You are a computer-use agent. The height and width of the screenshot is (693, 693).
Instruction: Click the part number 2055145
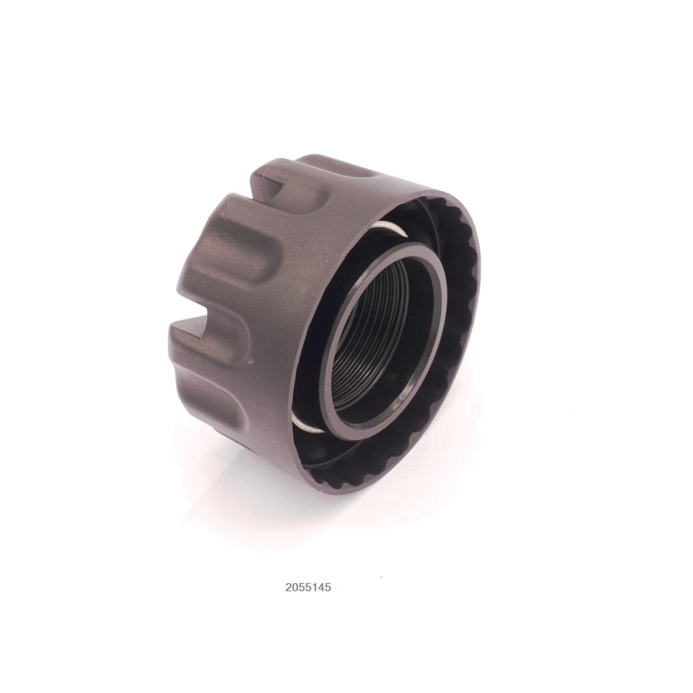[308, 588]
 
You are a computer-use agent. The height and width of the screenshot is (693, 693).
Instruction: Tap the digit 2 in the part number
[288, 588]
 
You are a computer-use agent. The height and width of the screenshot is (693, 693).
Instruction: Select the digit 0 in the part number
[295, 588]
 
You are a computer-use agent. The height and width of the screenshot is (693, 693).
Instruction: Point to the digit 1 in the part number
[314, 588]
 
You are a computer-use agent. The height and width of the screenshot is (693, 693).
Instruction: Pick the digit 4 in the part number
[321, 588]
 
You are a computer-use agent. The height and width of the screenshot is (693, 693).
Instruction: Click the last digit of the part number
[327, 588]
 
